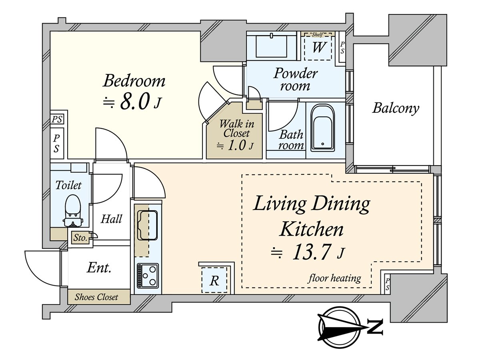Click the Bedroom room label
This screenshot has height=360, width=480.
coord(134,81)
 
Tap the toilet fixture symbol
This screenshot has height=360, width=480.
coord(73,211)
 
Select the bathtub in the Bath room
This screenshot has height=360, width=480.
coord(322,128)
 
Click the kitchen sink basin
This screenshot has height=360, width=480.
coord(147,225)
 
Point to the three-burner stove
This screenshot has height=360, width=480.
coord(148,276)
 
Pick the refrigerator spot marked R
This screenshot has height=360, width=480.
coord(214,280)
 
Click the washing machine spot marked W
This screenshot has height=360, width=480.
coord(318,47)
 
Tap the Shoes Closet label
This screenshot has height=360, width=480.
coord(96,297)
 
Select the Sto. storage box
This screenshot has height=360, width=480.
coord(80,238)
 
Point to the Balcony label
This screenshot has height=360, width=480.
coord(396,108)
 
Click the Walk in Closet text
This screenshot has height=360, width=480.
coord(236,128)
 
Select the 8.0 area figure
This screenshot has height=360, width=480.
coord(135,101)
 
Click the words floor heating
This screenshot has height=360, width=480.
coord(334,278)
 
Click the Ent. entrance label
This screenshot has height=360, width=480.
coord(99,267)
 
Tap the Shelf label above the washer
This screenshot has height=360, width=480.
coord(317,34)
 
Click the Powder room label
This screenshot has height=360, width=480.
coord(295,79)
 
